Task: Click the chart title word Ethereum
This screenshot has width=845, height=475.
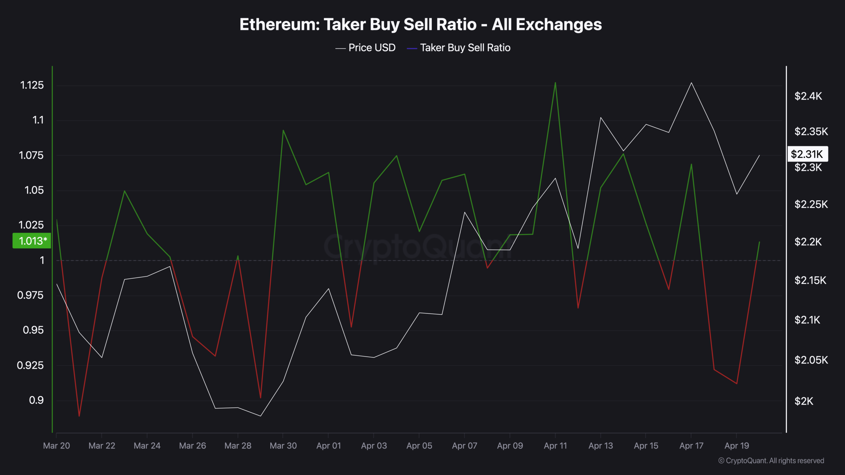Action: coord(279,25)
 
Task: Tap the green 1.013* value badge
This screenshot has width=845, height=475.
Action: coord(32,241)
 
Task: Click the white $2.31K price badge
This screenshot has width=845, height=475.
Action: coord(807,154)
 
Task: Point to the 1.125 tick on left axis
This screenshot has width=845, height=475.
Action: coord(32,85)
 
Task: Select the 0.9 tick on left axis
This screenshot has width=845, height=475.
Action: coord(36,400)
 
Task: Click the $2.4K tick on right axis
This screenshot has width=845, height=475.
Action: coord(808,96)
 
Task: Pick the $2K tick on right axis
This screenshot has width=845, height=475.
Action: coord(804,401)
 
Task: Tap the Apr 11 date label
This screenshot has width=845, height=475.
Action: coord(555,446)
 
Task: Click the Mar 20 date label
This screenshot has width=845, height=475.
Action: coord(56,446)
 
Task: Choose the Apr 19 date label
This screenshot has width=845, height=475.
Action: coord(737,446)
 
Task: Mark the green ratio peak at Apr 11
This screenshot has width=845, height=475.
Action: coord(555,82)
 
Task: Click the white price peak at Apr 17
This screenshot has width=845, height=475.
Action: coord(692,83)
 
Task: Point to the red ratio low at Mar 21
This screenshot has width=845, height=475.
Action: coord(79,416)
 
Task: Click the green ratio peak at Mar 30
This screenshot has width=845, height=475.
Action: coord(283,130)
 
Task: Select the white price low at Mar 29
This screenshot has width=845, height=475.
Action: coord(260,416)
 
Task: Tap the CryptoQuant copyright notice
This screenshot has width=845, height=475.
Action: coord(771,460)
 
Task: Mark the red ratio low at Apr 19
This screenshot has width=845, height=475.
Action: coord(737,384)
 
